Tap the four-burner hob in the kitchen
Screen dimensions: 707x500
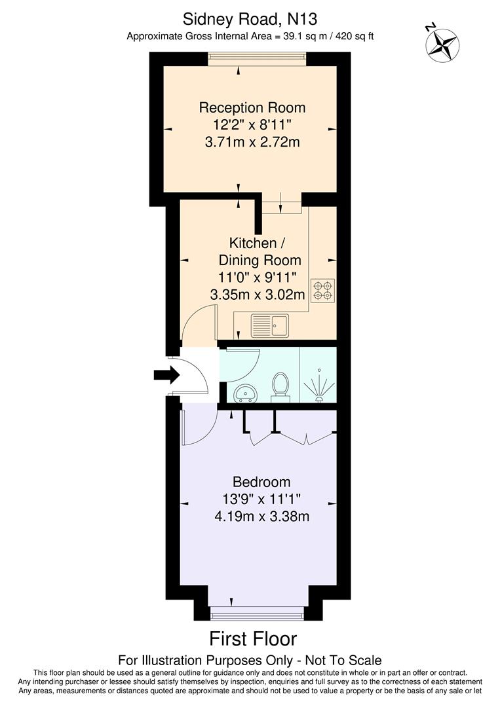tap(322, 291)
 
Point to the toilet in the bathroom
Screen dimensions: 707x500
tap(280, 386)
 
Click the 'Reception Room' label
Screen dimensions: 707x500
tap(252, 107)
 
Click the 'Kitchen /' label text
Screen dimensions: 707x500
tap(252, 243)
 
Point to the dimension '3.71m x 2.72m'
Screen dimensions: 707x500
tap(252, 141)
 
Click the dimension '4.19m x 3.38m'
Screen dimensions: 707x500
tap(261, 516)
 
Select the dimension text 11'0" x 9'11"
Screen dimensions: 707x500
tap(258, 277)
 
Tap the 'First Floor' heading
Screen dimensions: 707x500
tap(253, 638)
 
